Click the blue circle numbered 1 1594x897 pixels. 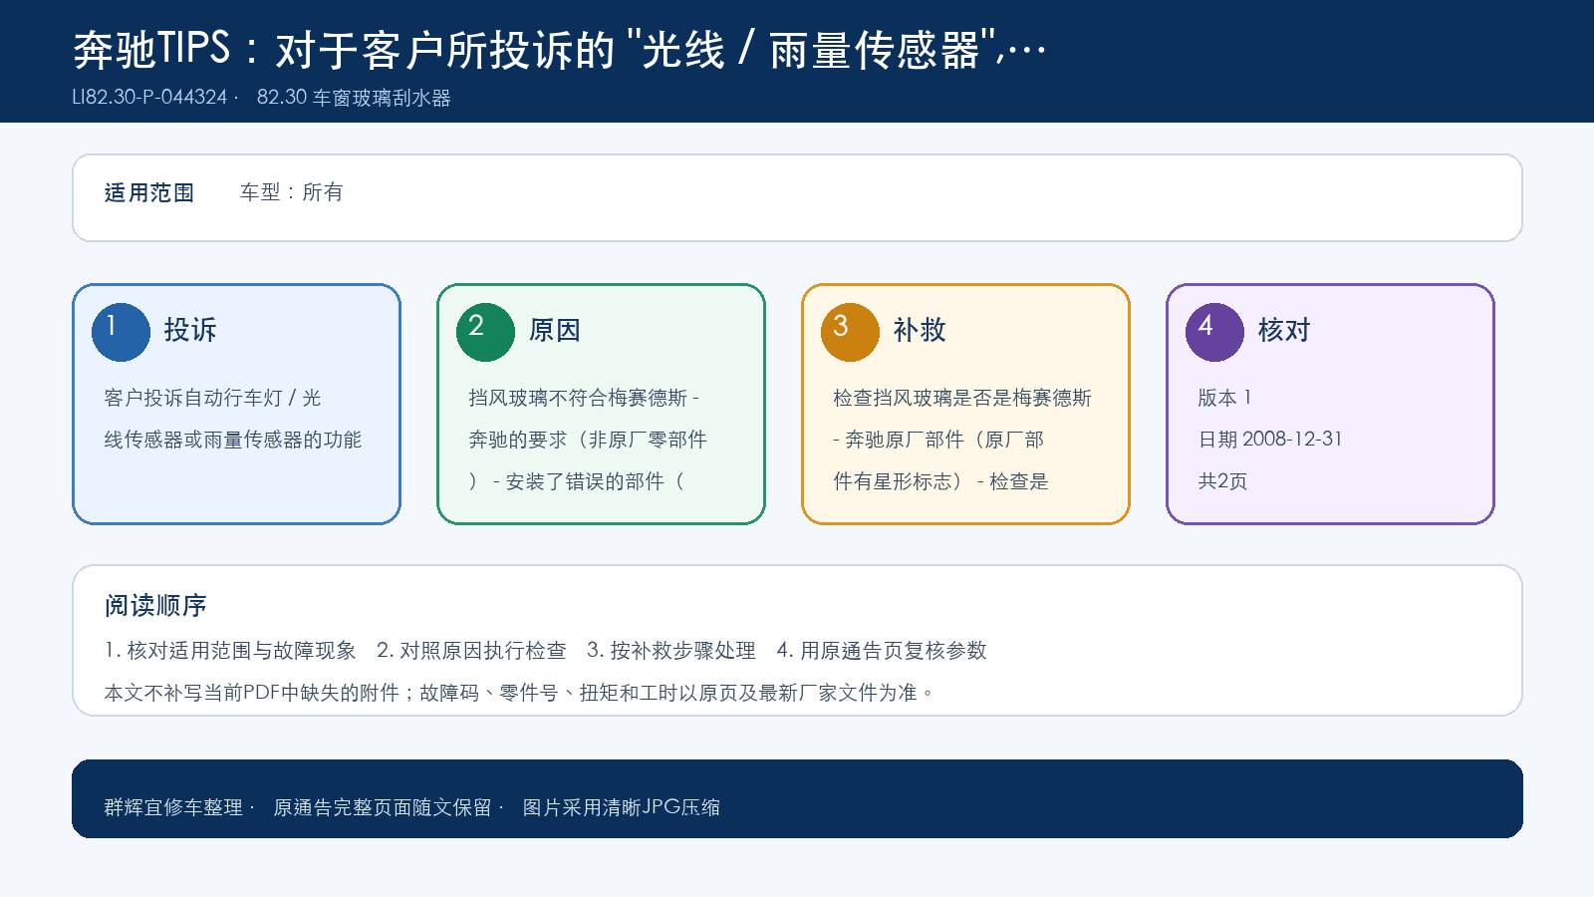coord(121,332)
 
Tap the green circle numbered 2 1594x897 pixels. coord(485,332)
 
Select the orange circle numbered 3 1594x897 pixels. coord(850,332)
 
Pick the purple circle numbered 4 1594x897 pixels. coord(1214,332)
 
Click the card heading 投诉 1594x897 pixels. coord(190,330)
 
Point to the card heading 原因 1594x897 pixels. coord(554,330)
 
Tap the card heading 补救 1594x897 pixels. coord(920,330)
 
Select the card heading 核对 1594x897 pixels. coord(1284,330)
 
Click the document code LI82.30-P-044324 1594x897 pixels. coord(149,97)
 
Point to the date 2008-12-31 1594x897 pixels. coord(1291,439)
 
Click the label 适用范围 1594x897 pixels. coord(148,193)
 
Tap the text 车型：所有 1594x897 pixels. coord(291,192)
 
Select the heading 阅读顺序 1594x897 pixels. coord(155,606)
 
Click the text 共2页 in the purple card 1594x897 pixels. coord(1222,481)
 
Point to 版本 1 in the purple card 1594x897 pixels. coord(1224,398)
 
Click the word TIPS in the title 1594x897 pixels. coord(193,49)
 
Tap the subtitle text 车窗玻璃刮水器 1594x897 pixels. coord(382,98)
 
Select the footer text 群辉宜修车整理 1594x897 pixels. coord(173,807)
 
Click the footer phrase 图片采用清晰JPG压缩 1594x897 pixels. coord(622,807)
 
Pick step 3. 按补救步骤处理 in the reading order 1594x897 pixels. coord(671,650)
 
